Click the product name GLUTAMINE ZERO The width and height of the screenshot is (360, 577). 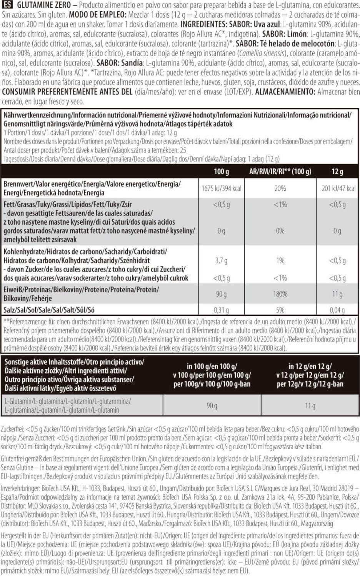44,5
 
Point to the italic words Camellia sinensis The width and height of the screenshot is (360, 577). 262,53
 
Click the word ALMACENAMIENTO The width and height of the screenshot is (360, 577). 285,92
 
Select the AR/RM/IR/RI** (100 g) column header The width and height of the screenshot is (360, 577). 280,172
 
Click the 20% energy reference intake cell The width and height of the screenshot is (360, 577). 280,188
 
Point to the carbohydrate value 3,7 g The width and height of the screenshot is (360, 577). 221,260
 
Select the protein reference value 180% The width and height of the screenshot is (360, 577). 280,294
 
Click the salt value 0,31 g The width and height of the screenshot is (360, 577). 221,310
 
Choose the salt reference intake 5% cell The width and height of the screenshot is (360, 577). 280,310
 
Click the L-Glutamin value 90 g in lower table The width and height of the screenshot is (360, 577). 212,405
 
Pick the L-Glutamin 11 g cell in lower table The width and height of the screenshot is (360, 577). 310,405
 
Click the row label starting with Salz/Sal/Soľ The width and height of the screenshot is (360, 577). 49,310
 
